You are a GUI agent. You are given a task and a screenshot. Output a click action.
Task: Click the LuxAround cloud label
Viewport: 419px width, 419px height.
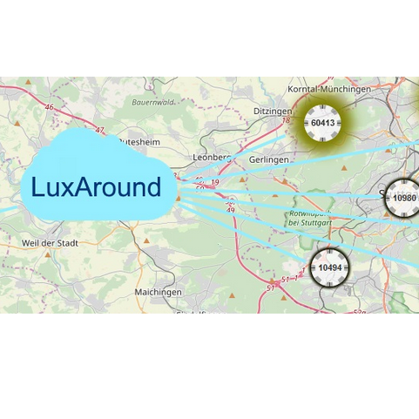[x=96, y=187]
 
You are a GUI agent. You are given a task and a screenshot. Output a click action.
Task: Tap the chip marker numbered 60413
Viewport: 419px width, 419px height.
[x=322, y=123]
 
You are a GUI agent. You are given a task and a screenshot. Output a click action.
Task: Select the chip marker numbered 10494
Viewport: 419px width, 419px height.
[x=330, y=267]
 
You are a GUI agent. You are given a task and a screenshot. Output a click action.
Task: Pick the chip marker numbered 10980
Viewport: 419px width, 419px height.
[x=403, y=198]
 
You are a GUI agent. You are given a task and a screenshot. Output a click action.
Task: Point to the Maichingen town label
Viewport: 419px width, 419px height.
[x=159, y=292]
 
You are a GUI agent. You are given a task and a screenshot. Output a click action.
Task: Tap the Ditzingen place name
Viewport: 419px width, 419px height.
[x=274, y=112]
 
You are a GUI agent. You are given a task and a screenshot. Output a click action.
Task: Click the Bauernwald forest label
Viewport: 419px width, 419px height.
[x=152, y=102]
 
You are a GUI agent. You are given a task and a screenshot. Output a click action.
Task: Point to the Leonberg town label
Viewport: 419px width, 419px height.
[x=212, y=158]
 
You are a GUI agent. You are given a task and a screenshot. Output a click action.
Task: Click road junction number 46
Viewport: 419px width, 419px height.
[x=49, y=107]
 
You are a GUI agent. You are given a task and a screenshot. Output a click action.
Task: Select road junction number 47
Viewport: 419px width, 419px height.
[x=99, y=130]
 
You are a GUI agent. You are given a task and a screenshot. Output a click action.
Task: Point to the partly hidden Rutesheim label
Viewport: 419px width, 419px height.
[x=139, y=140]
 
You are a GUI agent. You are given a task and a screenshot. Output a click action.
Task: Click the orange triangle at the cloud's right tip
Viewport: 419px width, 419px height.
[x=179, y=198]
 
